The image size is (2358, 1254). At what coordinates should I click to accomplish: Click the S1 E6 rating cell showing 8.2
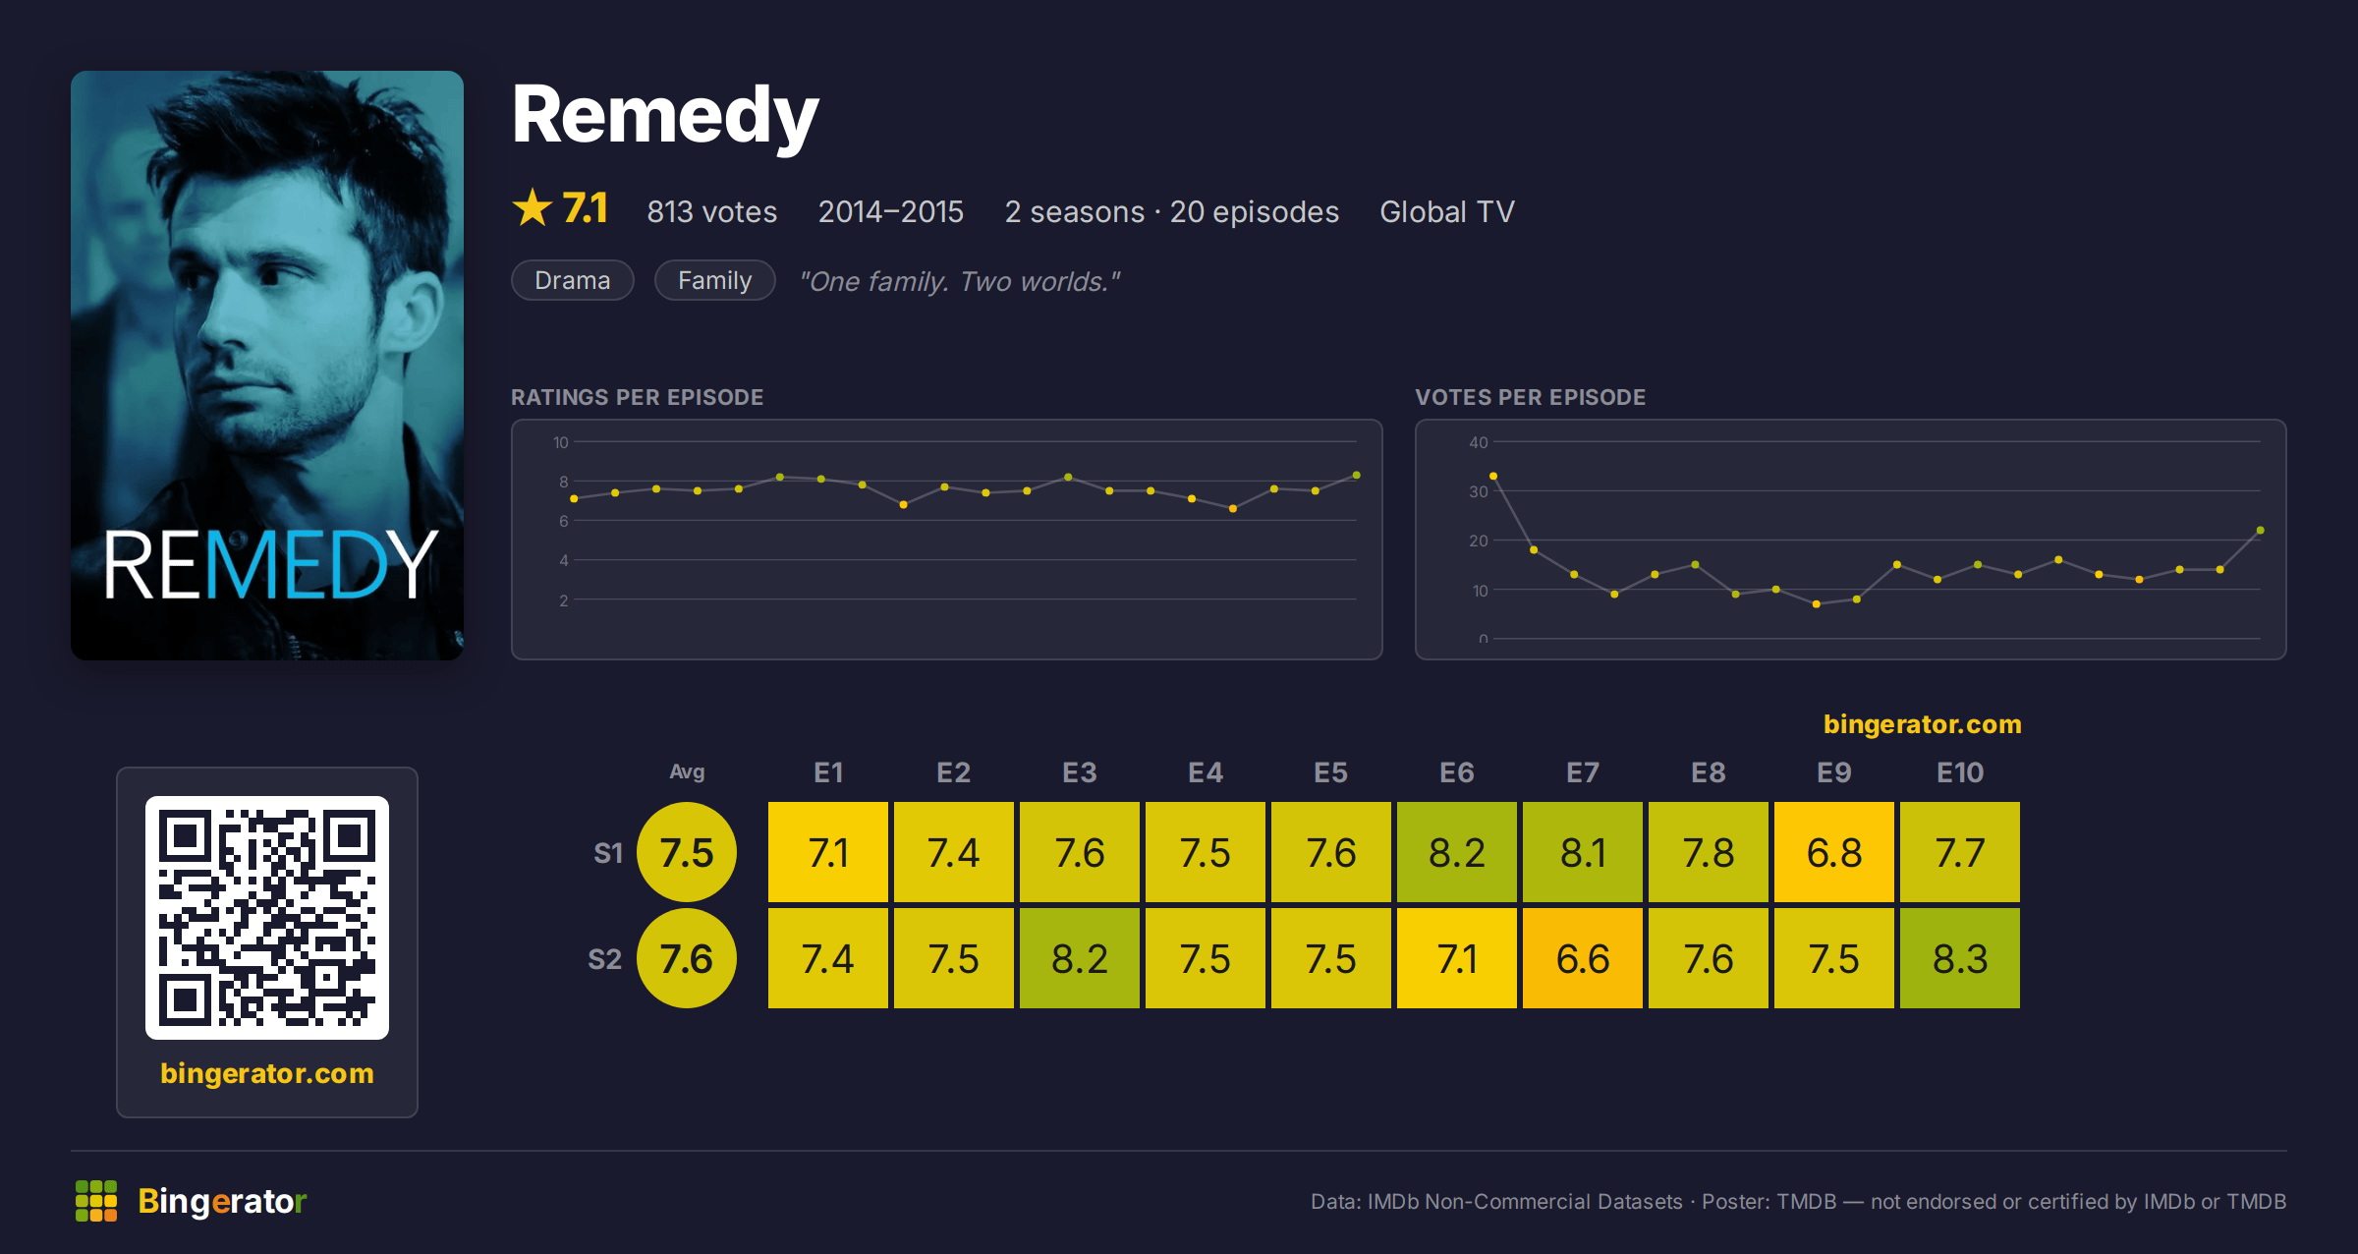click(1457, 852)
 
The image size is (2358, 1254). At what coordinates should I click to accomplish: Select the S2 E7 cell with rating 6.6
click(1583, 958)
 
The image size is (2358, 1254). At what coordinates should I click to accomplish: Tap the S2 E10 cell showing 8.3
click(1960, 958)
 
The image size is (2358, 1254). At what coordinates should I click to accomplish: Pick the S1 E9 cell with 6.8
click(1834, 852)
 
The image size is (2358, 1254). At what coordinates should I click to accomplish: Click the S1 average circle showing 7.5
click(687, 852)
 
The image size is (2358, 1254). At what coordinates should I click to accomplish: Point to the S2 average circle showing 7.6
click(687, 958)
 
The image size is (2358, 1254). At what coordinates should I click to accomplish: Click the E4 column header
click(1206, 772)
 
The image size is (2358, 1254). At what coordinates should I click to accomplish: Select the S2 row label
click(605, 959)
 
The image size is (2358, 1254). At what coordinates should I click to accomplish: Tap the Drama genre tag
click(573, 280)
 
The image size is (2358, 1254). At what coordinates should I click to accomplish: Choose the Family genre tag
click(715, 280)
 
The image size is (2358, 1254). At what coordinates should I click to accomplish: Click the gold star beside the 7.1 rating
click(533, 208)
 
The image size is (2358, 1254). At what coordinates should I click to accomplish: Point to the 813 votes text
click(712, 211)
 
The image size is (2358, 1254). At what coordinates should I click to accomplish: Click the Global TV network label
click(1447, 211)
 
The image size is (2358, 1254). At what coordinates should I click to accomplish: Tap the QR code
click(267, 918)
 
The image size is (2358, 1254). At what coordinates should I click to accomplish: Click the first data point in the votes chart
click(1493, 476)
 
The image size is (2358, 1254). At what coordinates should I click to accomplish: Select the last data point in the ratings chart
click(1357, 475)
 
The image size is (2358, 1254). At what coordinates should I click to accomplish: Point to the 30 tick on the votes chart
click(1479, 491)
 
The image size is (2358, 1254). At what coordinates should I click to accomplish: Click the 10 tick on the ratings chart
click(561, 442)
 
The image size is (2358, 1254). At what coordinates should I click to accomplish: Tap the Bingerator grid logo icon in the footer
click(96, 1201)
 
